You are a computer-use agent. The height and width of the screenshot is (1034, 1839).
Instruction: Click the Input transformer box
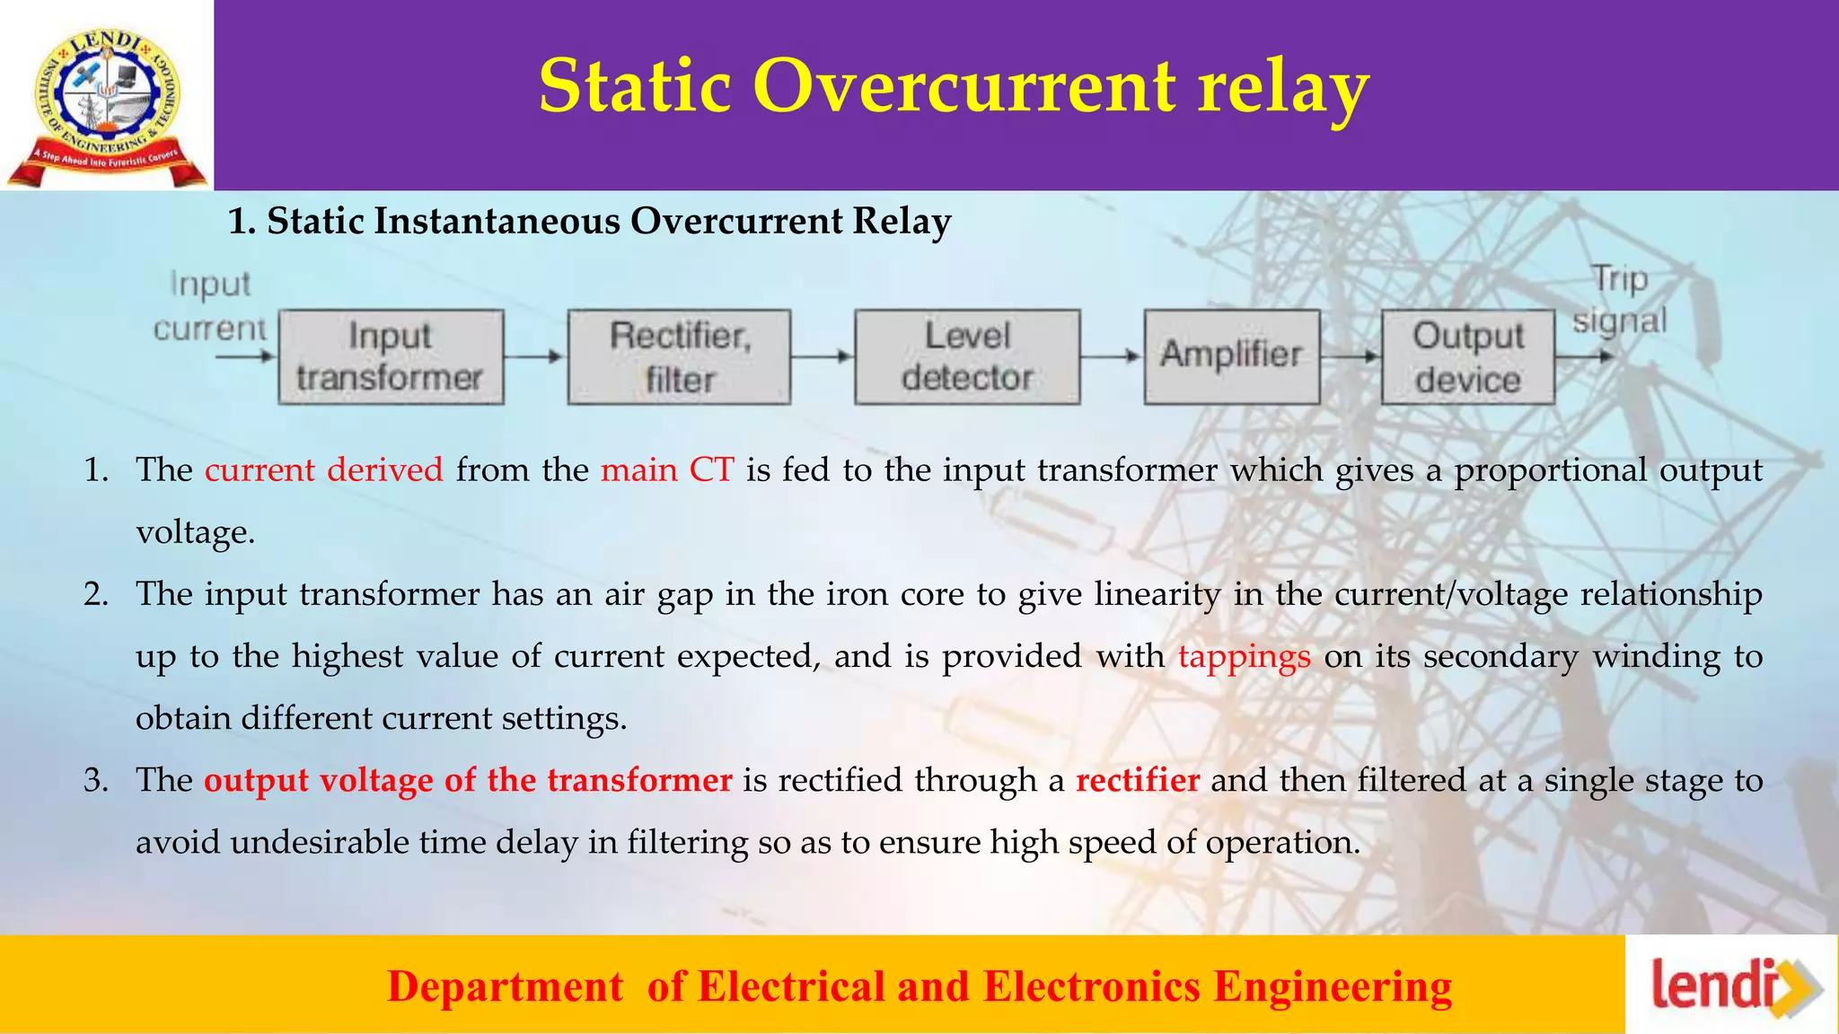(391, 357)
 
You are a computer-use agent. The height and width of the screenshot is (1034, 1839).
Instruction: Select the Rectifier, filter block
(679, 357)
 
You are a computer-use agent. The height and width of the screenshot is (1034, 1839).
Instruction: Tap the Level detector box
(967, 357)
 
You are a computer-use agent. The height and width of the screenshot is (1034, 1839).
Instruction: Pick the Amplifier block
(1231, 356)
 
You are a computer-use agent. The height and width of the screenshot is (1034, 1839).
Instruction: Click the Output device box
(1467, 357)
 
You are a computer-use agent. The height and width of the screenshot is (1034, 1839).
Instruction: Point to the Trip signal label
(1619, 300)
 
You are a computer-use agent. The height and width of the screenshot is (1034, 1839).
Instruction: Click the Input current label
(210, 306)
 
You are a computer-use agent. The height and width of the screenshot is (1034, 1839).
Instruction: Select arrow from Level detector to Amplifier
(1111, 356)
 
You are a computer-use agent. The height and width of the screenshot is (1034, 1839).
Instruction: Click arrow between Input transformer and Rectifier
(534, 356)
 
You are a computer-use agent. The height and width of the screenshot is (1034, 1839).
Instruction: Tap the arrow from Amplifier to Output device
(1350, 356)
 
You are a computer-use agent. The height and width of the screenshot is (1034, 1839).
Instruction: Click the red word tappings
(1244, 657)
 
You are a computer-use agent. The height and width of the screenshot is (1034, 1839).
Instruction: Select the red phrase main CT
(667, 470)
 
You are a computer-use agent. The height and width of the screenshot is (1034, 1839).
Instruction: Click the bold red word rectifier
(1137, 780)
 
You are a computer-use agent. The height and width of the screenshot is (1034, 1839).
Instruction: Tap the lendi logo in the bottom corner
(1731, 986)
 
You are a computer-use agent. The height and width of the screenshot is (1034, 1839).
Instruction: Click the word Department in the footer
(505, 986)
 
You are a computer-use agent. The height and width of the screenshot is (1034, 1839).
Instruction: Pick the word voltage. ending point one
(195, 533)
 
